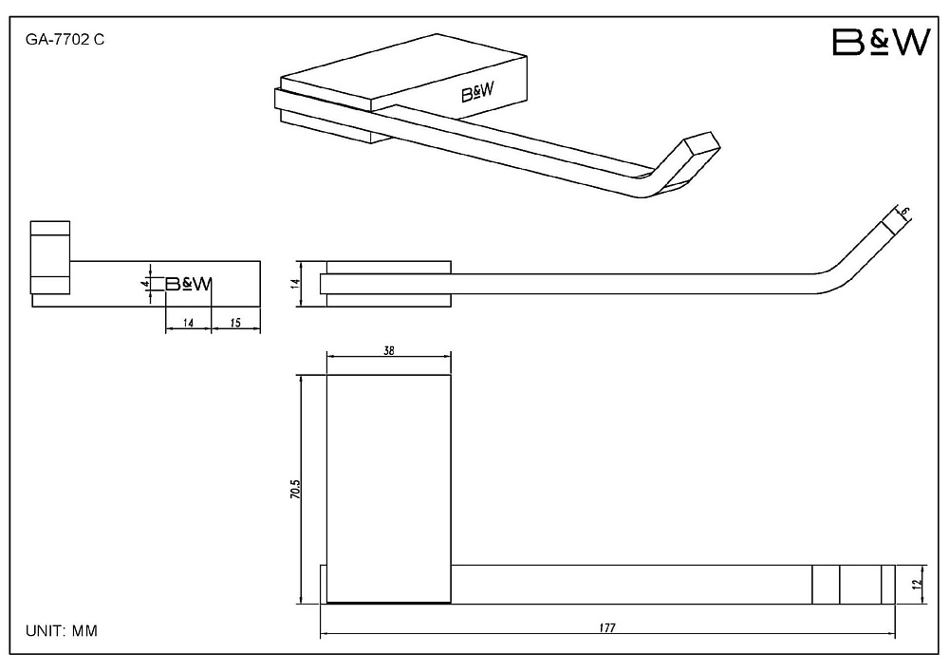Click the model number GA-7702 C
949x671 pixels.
(x=65, y=40)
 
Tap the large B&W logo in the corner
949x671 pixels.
(x=881, y=43)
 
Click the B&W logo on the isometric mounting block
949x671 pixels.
(x=477, y=93)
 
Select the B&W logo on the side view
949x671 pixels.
(x=189, y=284)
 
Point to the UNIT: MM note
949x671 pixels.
(x=61, y=631)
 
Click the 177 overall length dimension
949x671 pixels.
(x=607, y=627)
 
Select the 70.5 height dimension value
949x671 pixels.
(x=295, y=489)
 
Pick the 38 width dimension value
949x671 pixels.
(x=388, y=350)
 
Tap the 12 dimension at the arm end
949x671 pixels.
(x=918, y=584)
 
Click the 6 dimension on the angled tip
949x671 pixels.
(x=904, y=212)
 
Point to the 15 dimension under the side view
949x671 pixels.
(x=235, y=323)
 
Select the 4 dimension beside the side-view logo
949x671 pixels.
(x=144, y=283)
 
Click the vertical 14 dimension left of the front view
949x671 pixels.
(x=295, y=283)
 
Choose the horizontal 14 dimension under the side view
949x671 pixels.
(x=188, y=323)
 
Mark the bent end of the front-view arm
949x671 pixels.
(x=860, y=254)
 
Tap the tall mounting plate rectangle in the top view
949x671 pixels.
(x=388, y=489)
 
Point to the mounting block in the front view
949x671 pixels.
(x=388, y=284)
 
